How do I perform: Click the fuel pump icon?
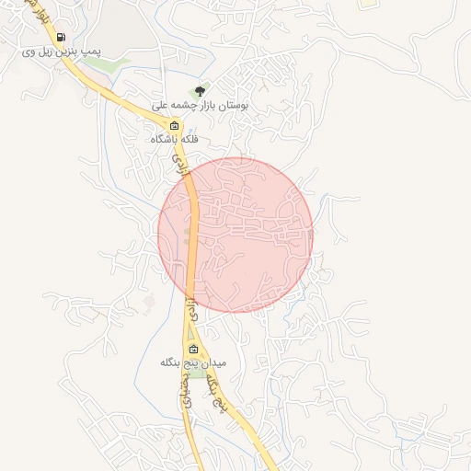coord(61,38)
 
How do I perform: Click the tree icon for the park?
coord(200,90)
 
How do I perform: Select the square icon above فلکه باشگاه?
coord(175,125)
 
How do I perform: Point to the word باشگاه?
coord(166,140)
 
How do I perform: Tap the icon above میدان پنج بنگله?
coord(193,349)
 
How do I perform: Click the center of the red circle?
coord(235,235)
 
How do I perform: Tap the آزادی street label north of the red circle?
coord(180,167)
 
